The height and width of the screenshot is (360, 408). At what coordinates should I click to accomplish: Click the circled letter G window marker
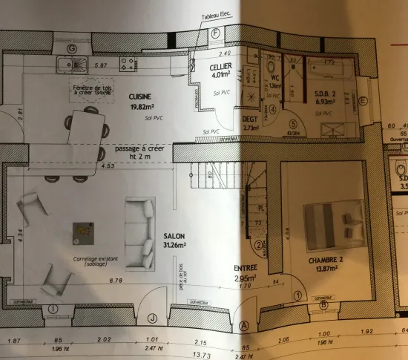(72, 48)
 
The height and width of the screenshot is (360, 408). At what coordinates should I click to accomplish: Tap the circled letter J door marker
(153, 319)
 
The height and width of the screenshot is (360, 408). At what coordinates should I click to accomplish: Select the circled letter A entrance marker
(245, 324)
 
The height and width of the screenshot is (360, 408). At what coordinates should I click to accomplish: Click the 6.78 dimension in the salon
(114, 281)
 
